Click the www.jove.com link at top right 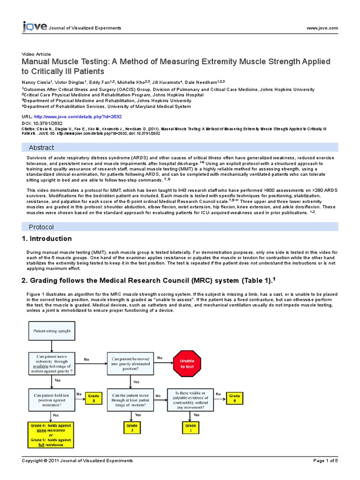pyautogui.click(x=322, y=28)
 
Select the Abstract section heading pyautogui.click(x=42, y=148)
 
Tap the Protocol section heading pyautogui.click(x=41, y=227)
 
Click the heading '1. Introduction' pyautogui.click(x=47, y=239)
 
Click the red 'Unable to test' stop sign pyautogui.click(x=187, y=364)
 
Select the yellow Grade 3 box pyautogui.click(x=94, y=398)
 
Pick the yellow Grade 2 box pyautogui.click(x=132, y=427)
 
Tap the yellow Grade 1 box pyautogui.click(x=190, y=427)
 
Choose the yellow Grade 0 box pyautogui.click(x=234, y=398)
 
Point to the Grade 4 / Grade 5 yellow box pyautogui.click(x=51, y=434)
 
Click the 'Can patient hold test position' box pyautogui.click(x=52, y=398)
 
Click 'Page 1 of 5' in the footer pyautogui.click(x=325, y=461)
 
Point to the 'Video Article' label pyautogui.click(x=37, y=54)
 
